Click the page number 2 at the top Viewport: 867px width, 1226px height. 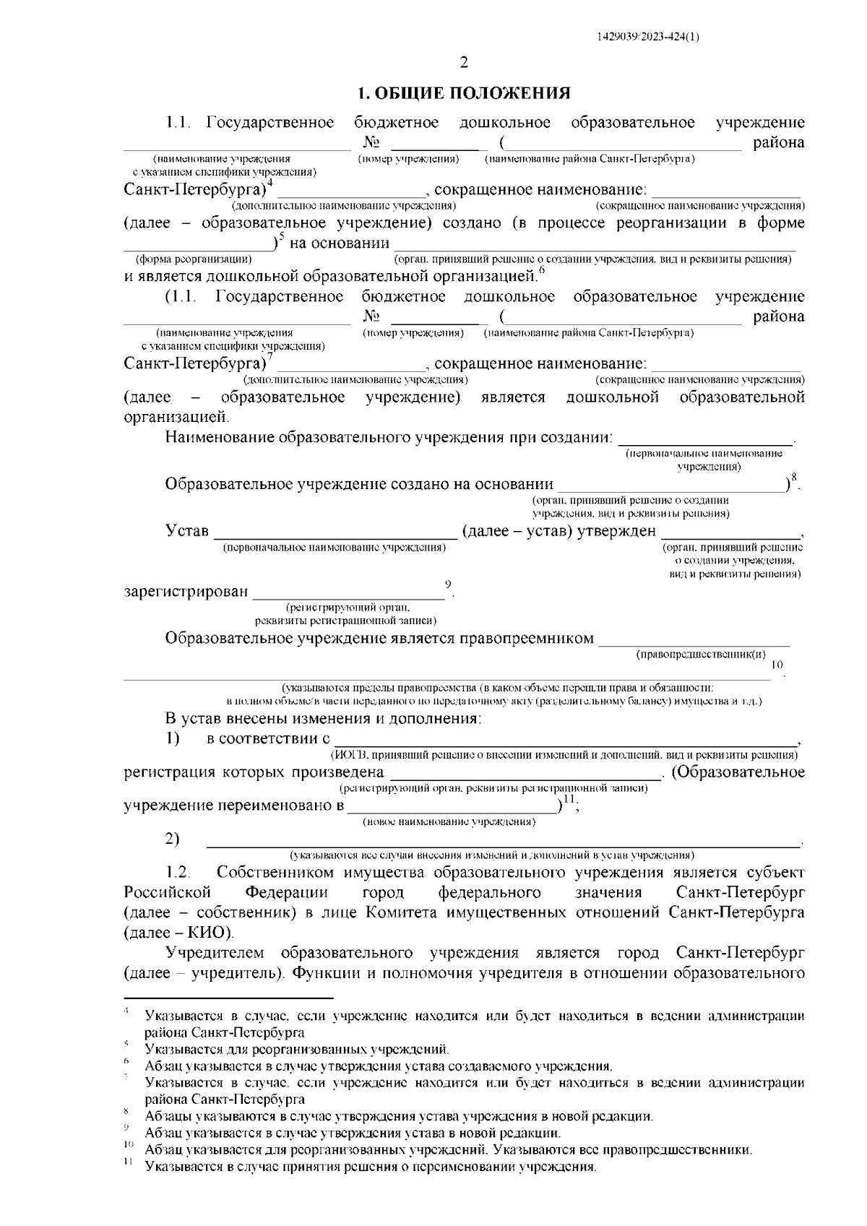(x=464, y=62)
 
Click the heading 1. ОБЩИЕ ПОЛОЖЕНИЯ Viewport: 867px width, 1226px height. (x=465, y=93)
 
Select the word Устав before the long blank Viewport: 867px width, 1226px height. (x=187, y=532)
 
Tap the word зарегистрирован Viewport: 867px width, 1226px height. (x=186, y=592)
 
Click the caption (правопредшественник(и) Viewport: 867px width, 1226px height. (x=701, y=655)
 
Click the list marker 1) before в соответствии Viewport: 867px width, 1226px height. (x=172, y=738)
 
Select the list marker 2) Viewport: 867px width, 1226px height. (x=172, y=839)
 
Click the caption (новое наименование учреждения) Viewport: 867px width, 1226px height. (x=449, y=821)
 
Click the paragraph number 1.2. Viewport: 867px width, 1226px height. (x=178, y=873)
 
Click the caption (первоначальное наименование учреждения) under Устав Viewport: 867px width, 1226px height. (x=335, y=548)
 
